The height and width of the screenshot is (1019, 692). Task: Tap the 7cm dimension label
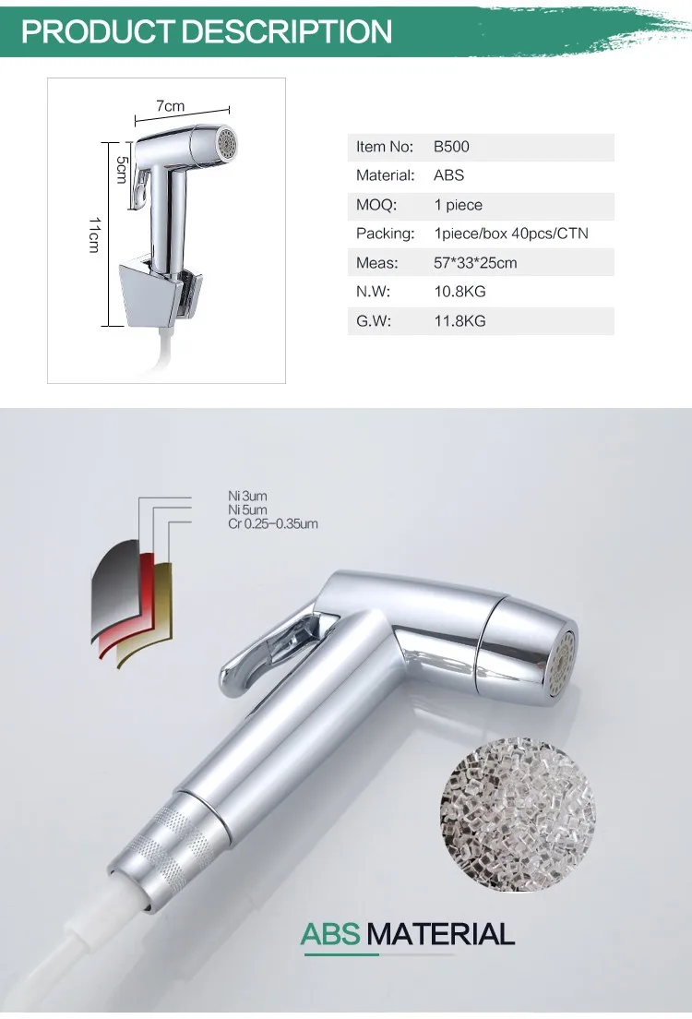(x=171, y=106)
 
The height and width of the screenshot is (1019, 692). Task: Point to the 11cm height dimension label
(x=95, y=234)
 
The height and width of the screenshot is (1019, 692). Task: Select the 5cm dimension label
(x=122, y=169)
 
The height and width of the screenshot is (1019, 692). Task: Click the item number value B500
(x=451, y=147)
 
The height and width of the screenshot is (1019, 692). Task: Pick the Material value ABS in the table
(x=449, y=175)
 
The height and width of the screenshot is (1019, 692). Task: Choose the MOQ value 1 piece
(x=458, y=205)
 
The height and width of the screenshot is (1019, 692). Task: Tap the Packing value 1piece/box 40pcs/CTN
(x=511, y=234)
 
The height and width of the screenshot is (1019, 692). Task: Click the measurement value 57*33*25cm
(x=475, y=263)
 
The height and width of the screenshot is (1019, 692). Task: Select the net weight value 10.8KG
(x=459, y=292)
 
